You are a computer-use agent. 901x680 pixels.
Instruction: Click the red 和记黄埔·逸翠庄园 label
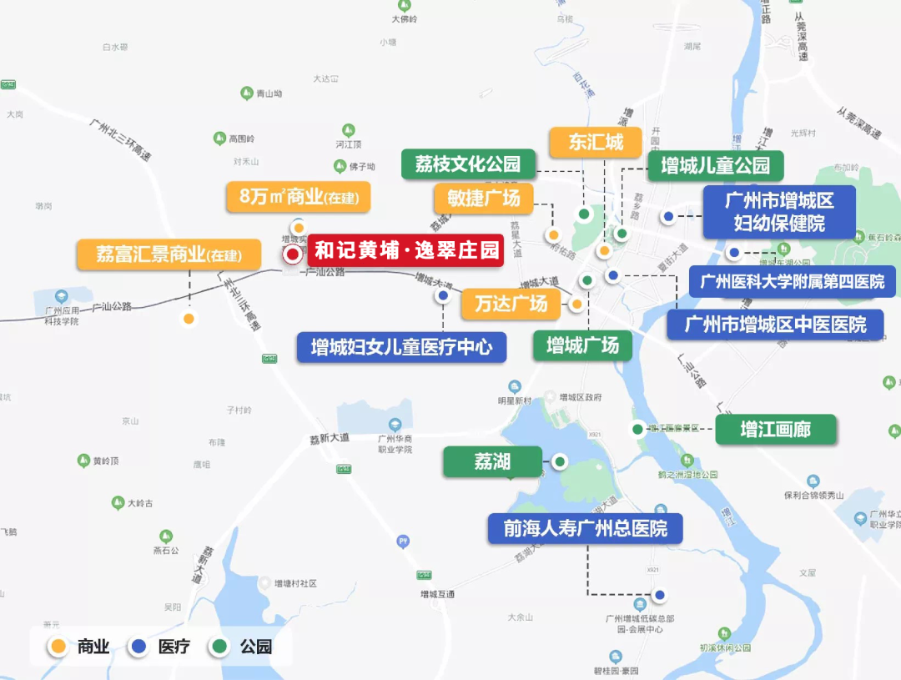406,250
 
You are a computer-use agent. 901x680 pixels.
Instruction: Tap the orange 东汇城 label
596,142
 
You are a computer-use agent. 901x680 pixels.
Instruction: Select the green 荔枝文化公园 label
468,164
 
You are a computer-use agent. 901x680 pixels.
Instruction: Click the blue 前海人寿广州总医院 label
585,529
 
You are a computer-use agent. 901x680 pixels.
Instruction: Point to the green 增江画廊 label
775,430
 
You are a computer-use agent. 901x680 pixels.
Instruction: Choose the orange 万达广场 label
511,304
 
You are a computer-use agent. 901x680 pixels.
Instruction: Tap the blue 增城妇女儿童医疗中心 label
401,347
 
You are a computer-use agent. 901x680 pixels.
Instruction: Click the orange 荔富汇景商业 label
169,254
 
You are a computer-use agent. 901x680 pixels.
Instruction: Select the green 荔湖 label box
492,461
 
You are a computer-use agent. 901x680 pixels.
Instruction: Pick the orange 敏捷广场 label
483,199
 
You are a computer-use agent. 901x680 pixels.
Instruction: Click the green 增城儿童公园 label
715,165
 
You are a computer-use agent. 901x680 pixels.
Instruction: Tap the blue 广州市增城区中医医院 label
776,324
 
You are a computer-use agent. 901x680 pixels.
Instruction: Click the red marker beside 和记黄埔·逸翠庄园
293,254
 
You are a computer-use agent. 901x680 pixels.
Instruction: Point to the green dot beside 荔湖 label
560,461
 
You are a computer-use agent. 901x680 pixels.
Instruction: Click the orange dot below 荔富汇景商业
189,318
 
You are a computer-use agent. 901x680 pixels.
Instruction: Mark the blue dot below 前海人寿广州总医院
660,595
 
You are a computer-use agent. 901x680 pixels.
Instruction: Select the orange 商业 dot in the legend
58,646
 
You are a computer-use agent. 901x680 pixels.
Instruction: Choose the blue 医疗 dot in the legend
138,646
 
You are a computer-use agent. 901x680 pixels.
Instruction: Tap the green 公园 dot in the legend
220,646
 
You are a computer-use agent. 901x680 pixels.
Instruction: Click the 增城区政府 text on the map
581,397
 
